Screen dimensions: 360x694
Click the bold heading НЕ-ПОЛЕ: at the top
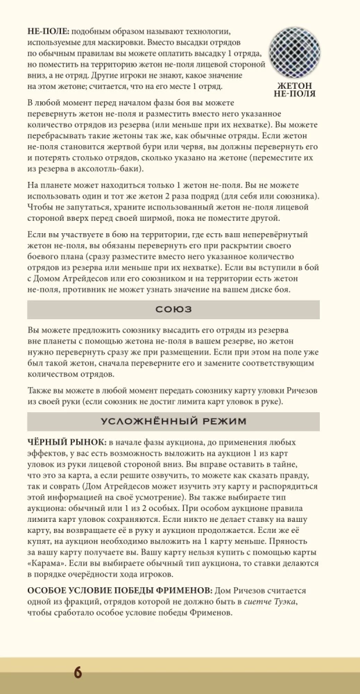point(48,31)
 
